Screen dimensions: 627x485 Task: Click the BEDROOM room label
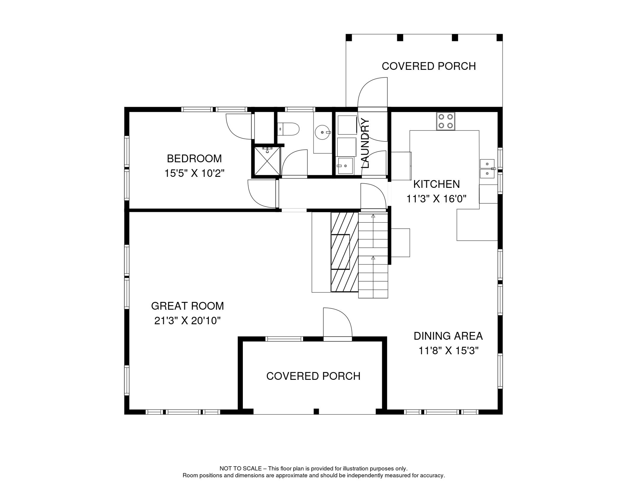click(194, 159)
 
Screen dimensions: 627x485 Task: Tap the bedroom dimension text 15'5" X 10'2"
click(194, 173)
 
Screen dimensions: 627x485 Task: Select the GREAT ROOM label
click(187, 306)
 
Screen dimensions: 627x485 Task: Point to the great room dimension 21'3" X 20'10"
click(187, 321)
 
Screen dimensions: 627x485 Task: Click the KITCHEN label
click(437, 184)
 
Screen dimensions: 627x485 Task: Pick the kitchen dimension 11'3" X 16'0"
click(437, 199)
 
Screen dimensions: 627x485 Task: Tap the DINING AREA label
click(448, 336)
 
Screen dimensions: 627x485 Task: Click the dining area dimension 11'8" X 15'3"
click(448, 351)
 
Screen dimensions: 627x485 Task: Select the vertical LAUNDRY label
click(365, 143)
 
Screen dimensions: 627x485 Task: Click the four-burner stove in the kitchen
click(446, 121)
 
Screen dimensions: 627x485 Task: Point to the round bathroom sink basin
click(322, 132)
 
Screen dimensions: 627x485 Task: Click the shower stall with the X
click(267, 161)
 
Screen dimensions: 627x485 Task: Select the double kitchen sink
click(487, 169)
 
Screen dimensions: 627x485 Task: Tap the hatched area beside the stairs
click(345, 252)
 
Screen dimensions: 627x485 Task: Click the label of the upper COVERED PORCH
click(429, 66)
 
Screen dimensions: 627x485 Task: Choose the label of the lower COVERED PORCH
click(313, 376)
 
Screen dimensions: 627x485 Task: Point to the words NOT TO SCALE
click(240, 469)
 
